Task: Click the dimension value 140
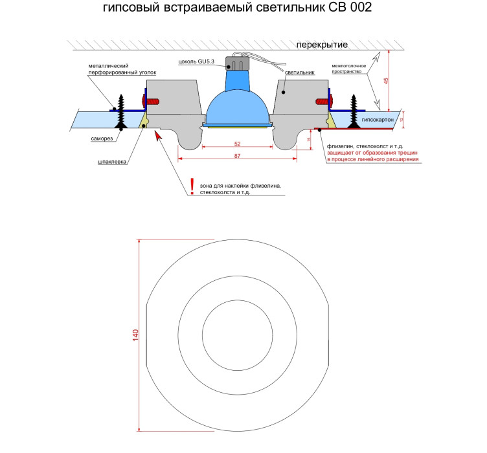pos(136,335)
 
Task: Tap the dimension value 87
pos(237,156)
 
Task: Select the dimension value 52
pos(237,144)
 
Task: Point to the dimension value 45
pos(386,81)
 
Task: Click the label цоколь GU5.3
pos(196,61)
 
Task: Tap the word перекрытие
pos(322,45)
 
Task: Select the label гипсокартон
pos(378,120)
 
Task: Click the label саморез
pos(102,138)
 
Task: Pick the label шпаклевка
pos(112,162)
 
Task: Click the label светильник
pos(300,72)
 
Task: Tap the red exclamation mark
pos(192,186)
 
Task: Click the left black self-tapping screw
pos(121,111)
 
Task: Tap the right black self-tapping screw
pos(354,111)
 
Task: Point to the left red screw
pos(150,102)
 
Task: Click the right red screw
pos(324,101)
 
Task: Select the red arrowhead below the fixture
pos(159,136)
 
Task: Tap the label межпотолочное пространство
pos(349,69)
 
